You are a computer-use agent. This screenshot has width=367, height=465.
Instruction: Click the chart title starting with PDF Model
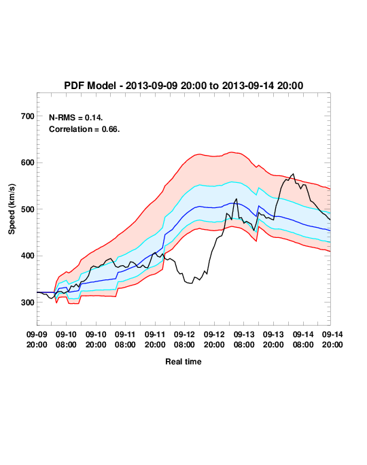183,86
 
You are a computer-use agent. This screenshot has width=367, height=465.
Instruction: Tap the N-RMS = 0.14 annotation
75,118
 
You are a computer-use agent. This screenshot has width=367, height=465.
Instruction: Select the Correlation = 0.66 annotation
84,129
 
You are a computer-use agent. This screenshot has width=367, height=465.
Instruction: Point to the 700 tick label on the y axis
28,116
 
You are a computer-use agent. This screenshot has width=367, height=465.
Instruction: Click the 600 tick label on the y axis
28,162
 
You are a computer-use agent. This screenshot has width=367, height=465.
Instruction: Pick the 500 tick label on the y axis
28,209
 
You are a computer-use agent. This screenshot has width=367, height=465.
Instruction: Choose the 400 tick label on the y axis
28,256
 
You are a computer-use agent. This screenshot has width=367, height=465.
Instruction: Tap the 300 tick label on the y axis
28,303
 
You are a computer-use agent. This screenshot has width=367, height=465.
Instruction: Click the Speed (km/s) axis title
12,209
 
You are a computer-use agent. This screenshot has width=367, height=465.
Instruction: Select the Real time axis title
183,362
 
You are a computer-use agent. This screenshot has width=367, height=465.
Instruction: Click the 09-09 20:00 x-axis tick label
37,339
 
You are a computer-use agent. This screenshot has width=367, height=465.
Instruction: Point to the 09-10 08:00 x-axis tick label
66,339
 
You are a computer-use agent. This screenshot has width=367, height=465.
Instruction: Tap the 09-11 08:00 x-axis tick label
125,339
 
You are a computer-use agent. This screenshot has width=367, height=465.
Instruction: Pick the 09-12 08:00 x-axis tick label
184,339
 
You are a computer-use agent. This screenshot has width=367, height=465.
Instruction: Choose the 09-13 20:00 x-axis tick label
273,339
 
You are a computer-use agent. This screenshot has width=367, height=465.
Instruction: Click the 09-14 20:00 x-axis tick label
332,339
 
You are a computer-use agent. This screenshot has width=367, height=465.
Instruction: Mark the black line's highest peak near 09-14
293,174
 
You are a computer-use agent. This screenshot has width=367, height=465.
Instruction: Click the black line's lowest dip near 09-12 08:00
191,283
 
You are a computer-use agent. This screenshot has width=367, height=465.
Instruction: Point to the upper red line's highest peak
232,152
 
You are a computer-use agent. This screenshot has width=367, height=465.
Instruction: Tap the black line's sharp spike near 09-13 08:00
237,199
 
